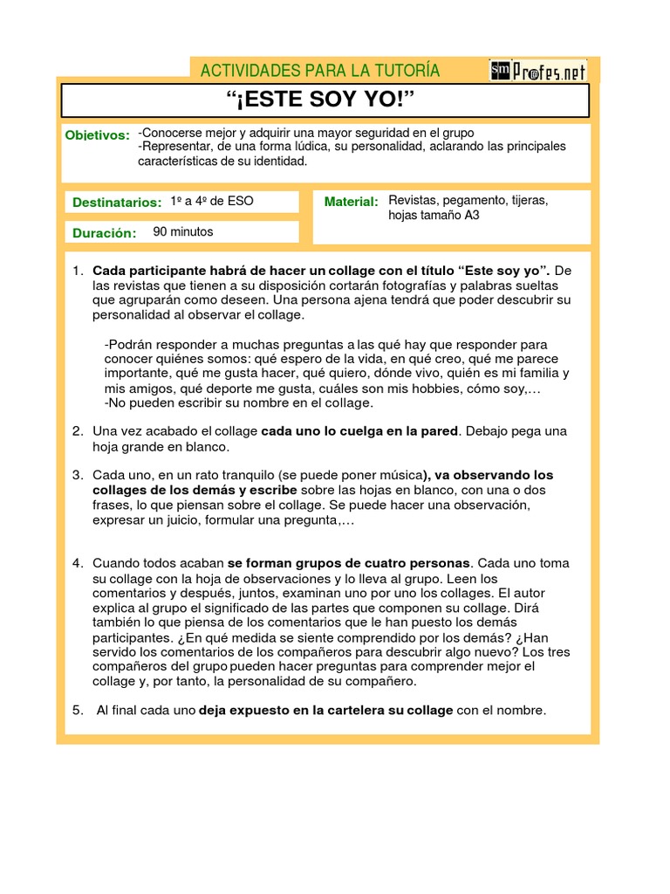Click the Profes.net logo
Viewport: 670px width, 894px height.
538,71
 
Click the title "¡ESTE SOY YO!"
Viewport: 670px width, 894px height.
325,100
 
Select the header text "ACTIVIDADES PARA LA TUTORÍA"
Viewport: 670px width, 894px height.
320,71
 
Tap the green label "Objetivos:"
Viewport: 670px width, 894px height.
98,135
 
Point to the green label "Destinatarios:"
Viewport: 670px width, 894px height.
117,203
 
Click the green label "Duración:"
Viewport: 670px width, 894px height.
105,233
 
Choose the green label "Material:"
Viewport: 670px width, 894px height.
351,202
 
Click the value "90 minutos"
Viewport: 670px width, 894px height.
183,232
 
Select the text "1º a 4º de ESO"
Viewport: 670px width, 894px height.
212,201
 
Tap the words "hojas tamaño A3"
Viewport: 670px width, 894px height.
434,216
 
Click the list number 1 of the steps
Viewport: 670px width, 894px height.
77,270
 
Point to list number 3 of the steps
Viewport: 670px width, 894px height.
77,475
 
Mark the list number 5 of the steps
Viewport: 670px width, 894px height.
77,710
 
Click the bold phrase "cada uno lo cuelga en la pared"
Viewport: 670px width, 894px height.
359,431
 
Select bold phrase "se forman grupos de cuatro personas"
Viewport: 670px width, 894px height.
349,563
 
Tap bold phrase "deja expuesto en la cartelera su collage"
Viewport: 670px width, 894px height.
326,710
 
